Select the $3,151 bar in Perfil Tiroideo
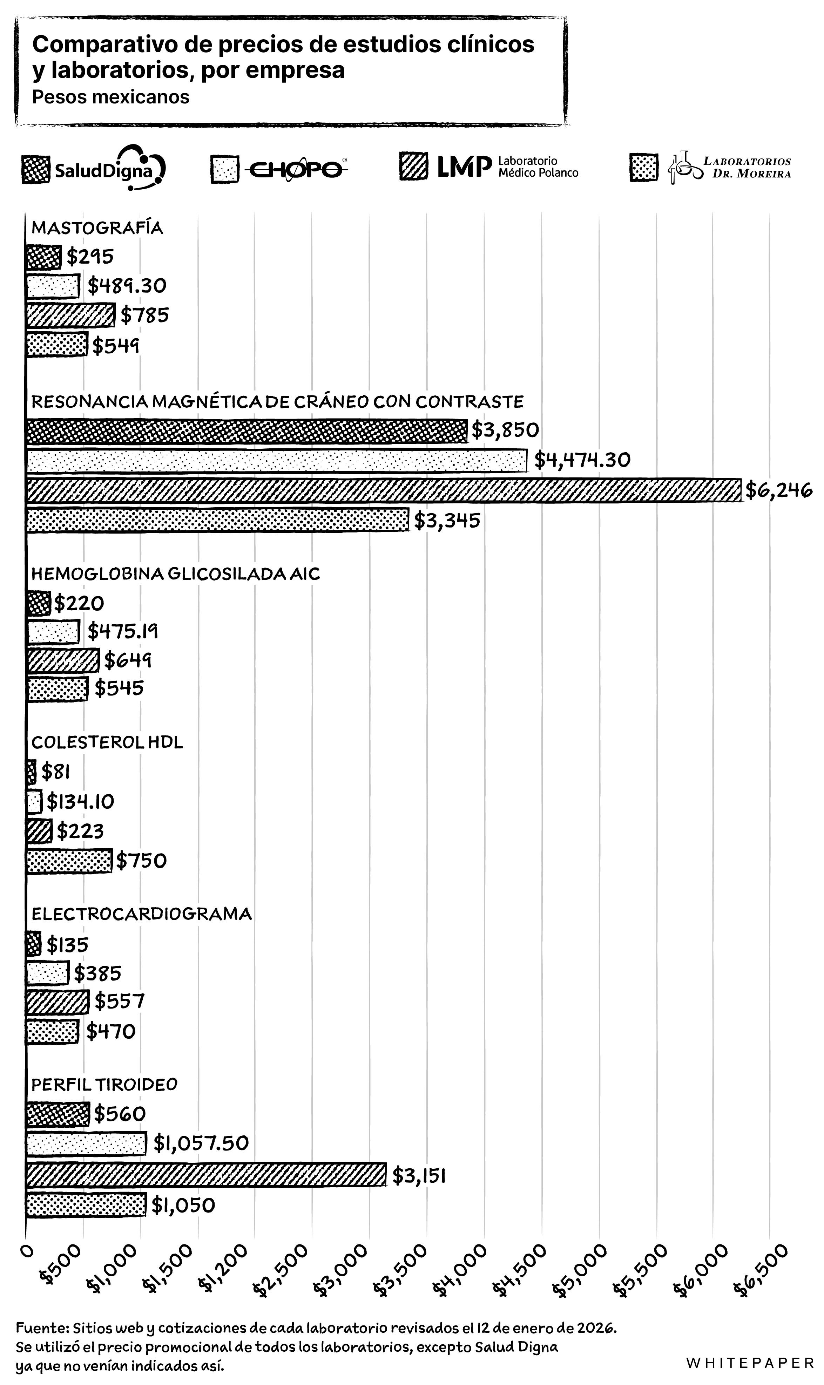205,1175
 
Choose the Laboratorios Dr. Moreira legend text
747,167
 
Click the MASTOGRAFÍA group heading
97,228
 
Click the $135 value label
67,944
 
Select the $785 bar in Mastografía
70,315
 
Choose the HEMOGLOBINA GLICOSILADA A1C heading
175,573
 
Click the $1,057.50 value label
201,1143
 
